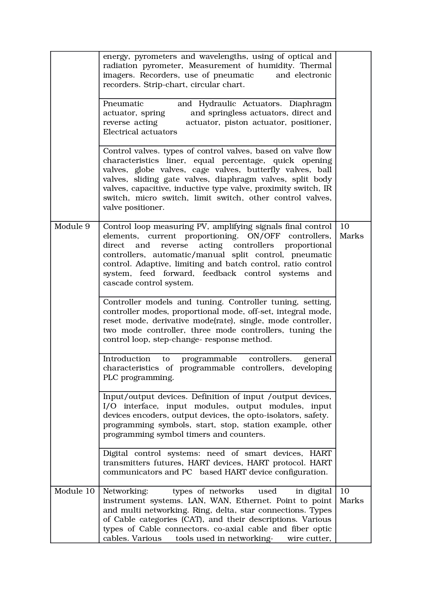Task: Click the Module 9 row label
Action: point(72,227)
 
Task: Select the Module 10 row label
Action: point(74,491)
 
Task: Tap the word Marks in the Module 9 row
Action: point(351,236)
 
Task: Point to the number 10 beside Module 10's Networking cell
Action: point(344,491)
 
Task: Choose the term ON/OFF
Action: point(262,236)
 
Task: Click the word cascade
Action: point(118,283)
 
